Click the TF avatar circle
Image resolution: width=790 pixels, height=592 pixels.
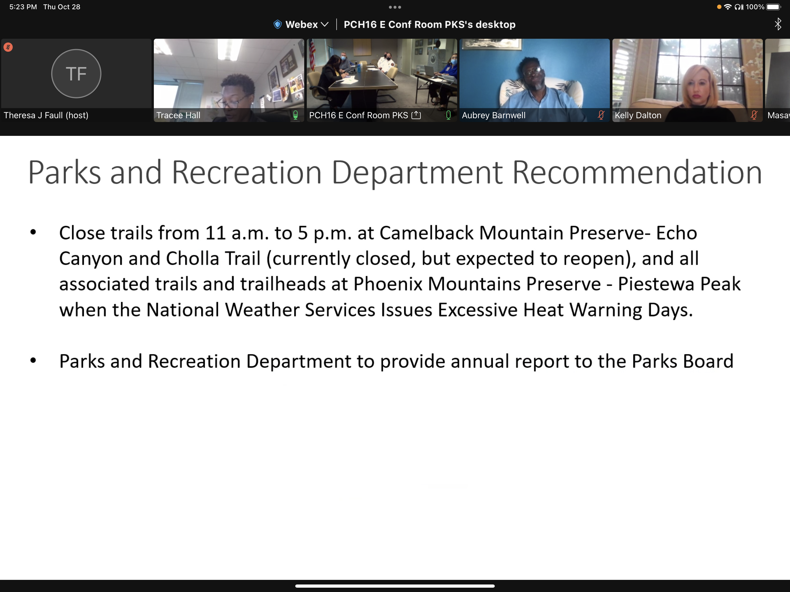pyautogui.click(x=76, y=73)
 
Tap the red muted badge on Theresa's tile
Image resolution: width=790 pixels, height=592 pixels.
pyautogui.click(x=8, y=47)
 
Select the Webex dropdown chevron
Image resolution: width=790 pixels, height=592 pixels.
pyautogui.click(x=325, y=25)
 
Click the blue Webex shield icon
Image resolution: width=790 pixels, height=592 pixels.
pyautogui.click(x=278, y=24)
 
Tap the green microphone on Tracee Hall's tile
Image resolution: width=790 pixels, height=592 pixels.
pyautogui.click(x=295, y=115)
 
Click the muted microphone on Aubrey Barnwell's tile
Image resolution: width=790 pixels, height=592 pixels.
pyautogui.click(x=601, y=115)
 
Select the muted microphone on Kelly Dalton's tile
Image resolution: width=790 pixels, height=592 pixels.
pyautogui.click(x=754, y=115)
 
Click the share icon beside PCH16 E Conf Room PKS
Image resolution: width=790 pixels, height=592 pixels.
pyautogui.click(x=416, y=115)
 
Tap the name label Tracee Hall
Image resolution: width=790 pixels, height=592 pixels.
pyautogui.click(x=178, y=115)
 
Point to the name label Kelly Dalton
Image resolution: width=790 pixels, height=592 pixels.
pyautogui.click(x=638, y=115)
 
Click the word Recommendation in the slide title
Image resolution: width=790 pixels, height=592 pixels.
pyautogui.click(x=637, y=173)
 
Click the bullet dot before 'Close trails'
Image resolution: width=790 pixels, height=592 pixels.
pyautogui.click(x=33, y=232)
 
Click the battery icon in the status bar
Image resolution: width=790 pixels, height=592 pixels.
pyautogui.click(x=774, y=7)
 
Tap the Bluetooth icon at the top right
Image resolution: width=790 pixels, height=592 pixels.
pyautogui.click(x=778, y=24)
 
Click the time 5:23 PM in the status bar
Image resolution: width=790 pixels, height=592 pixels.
pyautogui.click(x=23, y=7)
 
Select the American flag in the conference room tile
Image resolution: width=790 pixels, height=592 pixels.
pyautogui.click(x=312, y=53)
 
